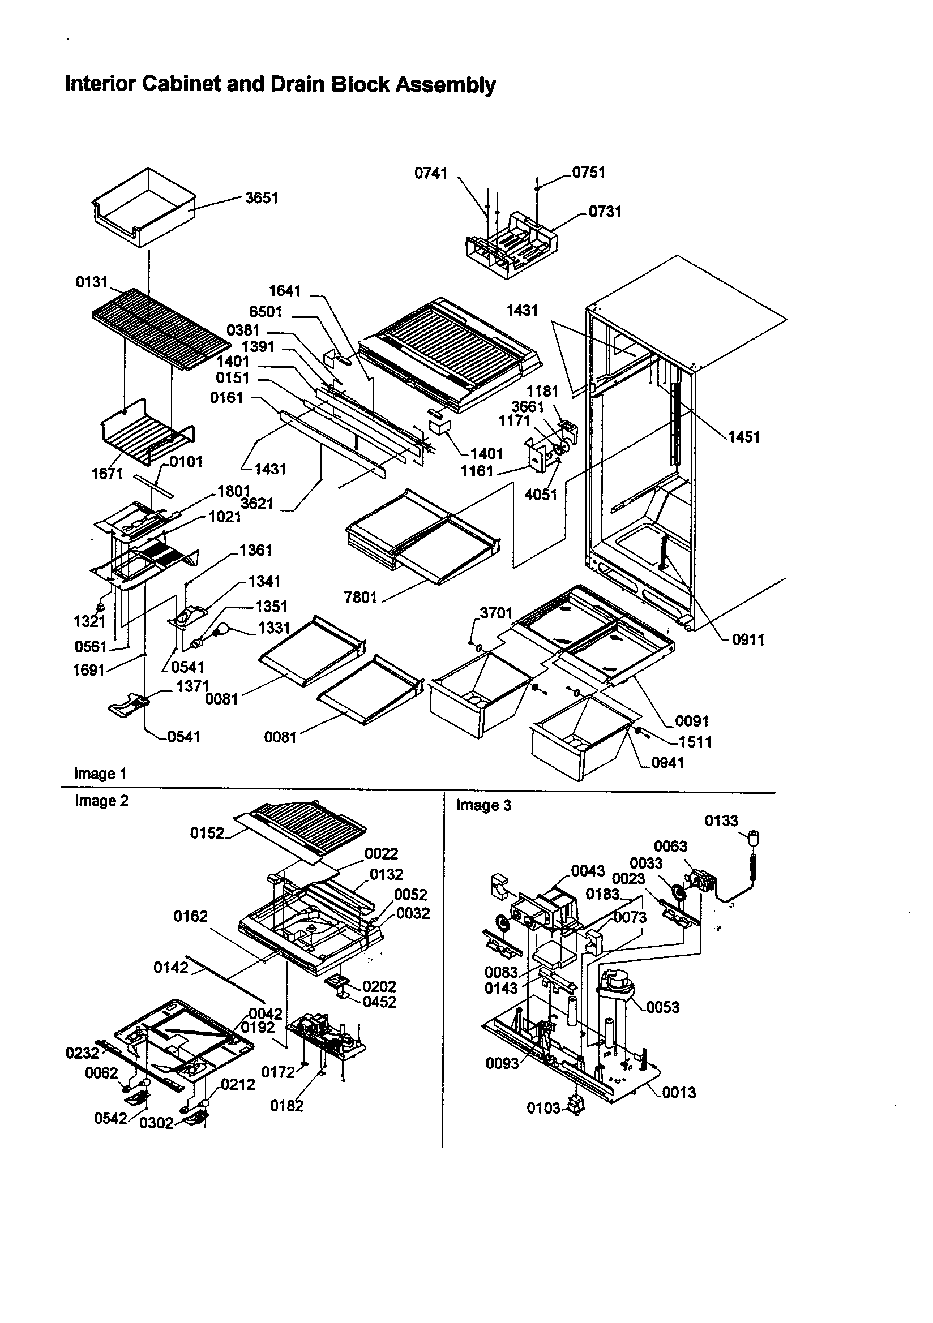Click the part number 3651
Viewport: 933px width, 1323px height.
pyautogui.click(x=261, y=198)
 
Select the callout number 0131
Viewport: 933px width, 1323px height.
pyautogui.click(x=92, y=282)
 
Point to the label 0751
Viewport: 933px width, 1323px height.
pyautogui.click(x=589, y=173)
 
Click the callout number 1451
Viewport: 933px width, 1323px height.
pyautogui.click(x=744, y=437)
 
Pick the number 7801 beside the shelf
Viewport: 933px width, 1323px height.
pyautogui.click(x=361, y=598)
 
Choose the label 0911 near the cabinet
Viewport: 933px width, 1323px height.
pyautogui.click(x=748, y=639)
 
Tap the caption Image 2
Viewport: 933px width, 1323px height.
pyautogui.click(x=101, y=801)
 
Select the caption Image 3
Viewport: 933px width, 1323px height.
pyautogui.click(x=483, y=805)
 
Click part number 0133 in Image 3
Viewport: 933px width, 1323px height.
pyautogui.click(x=721, y=821)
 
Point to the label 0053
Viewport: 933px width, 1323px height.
pyautogui.click(x=662, y=1007)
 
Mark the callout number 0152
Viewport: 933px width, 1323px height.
pyautogui.click(x=207, y=833)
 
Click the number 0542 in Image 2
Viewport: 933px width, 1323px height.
pyautogui.click(x=110, y=1119)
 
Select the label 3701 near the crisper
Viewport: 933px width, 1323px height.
pyautogui.click(x=496, y=613)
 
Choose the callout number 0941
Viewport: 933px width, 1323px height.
pyautogui.click(x=667, y=763)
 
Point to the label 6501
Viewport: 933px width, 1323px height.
pyautogui.click(x=266, y=312)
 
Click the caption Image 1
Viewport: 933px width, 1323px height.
pyautogui.click(x=100, y=774)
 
